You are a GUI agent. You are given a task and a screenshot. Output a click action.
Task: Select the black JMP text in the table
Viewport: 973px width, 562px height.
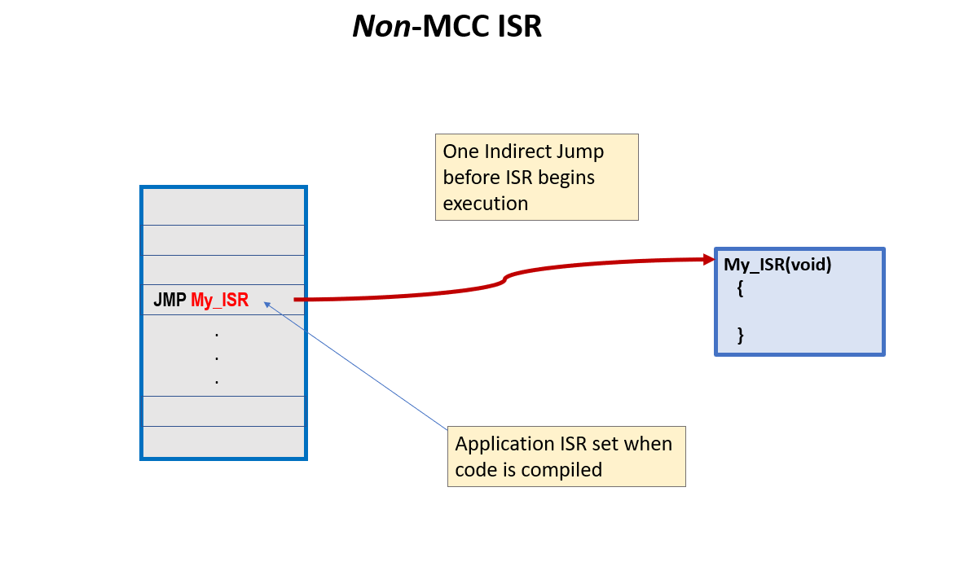click(x=170, y=300)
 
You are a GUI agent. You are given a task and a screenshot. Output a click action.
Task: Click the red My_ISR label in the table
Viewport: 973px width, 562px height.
click(x=219, y=300)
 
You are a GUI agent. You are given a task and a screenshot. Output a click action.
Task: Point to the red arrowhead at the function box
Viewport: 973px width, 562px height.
click(x=708, y=260)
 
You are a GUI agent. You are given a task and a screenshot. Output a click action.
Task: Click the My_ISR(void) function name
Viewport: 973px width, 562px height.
click(x=777, y=265)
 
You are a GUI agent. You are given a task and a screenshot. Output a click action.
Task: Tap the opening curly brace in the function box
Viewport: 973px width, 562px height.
click(x=740, y=288)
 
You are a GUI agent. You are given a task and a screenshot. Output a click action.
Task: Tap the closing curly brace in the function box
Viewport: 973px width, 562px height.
click(x=740, y=334)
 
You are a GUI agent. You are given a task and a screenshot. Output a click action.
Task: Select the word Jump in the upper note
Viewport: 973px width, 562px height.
click(x=582, y=151)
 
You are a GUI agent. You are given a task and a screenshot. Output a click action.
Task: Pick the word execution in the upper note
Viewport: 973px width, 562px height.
click(x=486, y=204)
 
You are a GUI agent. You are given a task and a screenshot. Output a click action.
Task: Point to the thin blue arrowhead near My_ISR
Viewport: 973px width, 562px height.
click(x=266, y=304)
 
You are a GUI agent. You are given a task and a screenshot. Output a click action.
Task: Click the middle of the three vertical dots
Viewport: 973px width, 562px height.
click(x=217, y=358)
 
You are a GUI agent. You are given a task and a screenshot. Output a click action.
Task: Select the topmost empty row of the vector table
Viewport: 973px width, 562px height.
click(x=223, y=207)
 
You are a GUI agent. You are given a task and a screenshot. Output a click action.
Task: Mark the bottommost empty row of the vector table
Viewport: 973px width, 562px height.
click(x=223, y=441)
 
